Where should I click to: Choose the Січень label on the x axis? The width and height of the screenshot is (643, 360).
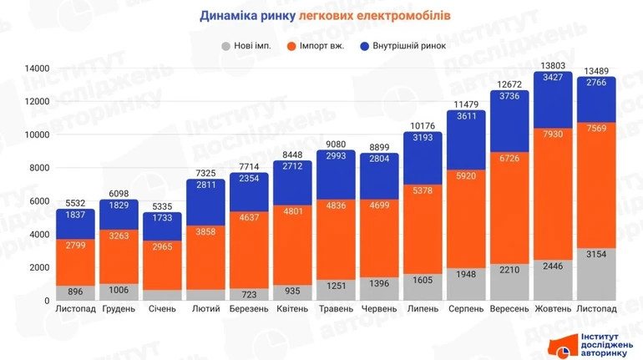[x=162, y=309]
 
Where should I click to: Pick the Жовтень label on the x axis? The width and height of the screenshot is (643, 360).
[x=553, y=309]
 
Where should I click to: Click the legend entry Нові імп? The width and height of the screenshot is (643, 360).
[x=247, y=46]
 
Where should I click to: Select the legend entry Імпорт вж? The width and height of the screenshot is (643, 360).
[x=317, y=46]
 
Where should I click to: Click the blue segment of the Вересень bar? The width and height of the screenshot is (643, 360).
[x=510, y=122]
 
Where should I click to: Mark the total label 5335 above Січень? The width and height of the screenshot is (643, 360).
[x=162, y=205]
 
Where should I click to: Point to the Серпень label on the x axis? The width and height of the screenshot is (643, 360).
[x=466, y=309]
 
